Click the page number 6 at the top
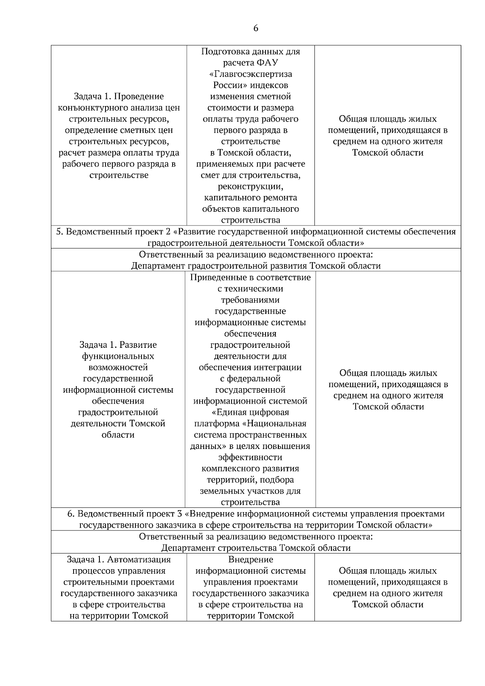tap(255, 28)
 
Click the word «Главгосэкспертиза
tap(251, 74)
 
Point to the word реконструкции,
tap(250, 186)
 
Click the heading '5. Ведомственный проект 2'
tap(113, 231)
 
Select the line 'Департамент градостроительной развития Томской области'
tap(256, 265)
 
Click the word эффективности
tap(250, 457)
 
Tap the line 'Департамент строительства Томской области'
tap(256, 548)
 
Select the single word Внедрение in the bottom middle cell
tap(251, 560)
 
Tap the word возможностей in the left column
tap(118, 367)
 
